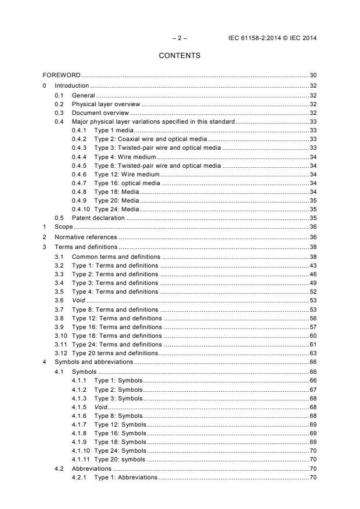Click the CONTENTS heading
tap(179, 56)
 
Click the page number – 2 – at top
tap(179, 38)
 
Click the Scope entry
tap(63, 228)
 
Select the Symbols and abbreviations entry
tap(93, 362)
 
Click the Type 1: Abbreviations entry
tap(125, 477)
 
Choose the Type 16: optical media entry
tap(127, 183)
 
